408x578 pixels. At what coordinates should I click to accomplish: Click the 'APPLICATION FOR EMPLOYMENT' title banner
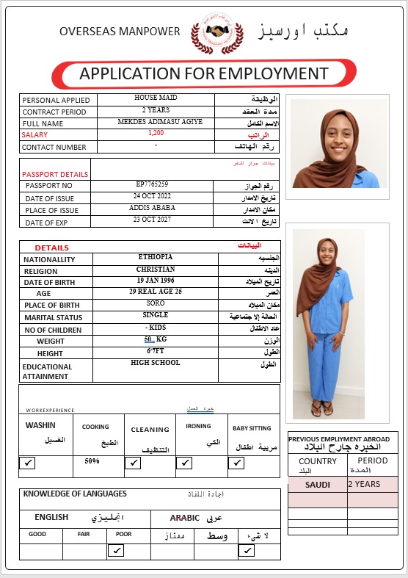tap(203, 73)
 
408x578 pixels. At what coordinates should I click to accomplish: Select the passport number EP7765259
tap(153, 184)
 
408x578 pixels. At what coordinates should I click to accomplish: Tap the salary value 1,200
tap(156, 133)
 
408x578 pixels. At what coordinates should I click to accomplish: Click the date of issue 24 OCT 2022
tap(153, 196)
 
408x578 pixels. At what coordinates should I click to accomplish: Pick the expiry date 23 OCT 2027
tap(153, 220)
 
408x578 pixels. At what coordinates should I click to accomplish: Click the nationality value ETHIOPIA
tap(155, 257)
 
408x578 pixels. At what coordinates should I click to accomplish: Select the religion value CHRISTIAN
tap(155, 269)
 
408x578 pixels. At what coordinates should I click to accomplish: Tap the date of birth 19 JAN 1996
tap(155, 281)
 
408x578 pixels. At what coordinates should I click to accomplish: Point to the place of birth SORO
tap(155, 303)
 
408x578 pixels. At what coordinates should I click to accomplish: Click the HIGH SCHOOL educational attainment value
tap(155, 363)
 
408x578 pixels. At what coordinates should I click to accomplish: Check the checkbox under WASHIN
tap(28, 463)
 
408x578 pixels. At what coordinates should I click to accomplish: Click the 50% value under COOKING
tap(92, 461)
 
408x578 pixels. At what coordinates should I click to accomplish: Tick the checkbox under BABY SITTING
tap(236, 463)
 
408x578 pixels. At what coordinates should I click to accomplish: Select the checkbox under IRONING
tap(185, 463)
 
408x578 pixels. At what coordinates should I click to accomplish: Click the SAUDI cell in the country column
tap(318, 485)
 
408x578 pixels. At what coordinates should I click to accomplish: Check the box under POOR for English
tap(115, 550)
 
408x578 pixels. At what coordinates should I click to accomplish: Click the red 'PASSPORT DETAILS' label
tap(55, 174)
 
